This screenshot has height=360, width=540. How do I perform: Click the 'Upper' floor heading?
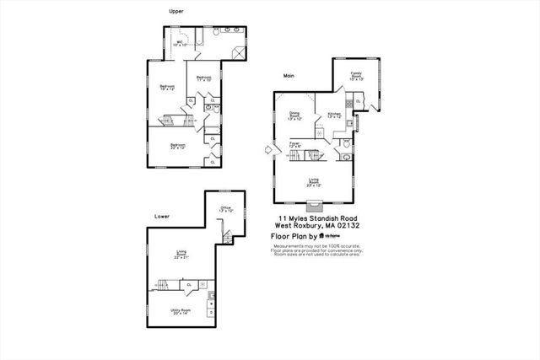(175, 12)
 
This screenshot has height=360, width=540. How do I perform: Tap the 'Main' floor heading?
(289, 75)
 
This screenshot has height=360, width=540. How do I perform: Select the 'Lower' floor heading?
(161, 216)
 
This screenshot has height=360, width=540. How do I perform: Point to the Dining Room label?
(294, 116)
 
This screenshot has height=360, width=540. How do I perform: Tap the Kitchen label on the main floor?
(333, 115)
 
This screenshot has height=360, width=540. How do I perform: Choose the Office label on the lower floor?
(225, 209)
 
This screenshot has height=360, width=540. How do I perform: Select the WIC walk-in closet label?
(180, 43)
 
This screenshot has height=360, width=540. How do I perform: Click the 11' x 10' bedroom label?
(203, 78)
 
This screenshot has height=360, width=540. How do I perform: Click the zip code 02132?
(348, 227)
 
